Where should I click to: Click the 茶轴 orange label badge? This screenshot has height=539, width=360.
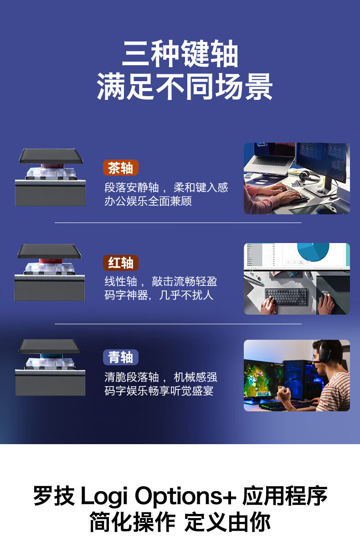(x=121, y=168)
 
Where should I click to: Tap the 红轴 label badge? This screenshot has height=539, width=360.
(x=121, y=263)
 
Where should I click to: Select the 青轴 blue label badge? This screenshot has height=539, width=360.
(x=121, y=357)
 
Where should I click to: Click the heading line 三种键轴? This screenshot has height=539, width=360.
(x=180, y=53)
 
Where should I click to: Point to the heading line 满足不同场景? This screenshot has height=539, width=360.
(x=185, y=86)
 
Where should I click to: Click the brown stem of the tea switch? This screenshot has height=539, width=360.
(x=51, y=166)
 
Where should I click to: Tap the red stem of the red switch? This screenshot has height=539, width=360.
(x=50, y=261)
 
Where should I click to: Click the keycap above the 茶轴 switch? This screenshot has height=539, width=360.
(x=51, y=156)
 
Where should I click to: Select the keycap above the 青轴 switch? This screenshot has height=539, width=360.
(x=50, y=346)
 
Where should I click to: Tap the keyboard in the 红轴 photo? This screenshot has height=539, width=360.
(x=286, y=297)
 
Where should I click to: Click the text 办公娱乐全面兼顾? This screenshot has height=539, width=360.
(x=148, y=201)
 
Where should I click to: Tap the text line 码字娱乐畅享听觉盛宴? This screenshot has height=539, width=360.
(x=159, y=391)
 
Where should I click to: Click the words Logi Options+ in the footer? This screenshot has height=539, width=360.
(x=159, y=496)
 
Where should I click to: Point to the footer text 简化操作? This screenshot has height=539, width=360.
(x=133, y=522)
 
